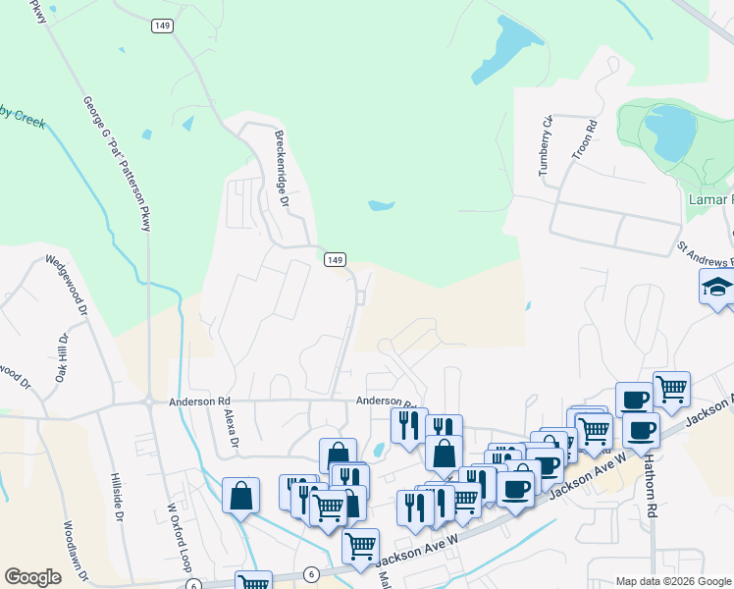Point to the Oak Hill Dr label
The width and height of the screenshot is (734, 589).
pos(60,359)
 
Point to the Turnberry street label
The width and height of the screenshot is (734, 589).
pos(545,145)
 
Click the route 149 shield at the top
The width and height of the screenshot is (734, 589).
pos(163,26)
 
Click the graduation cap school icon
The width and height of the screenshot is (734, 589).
pos(717,287)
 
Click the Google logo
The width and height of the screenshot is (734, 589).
pos(33,577)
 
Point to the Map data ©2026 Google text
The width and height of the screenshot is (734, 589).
pos(672,580)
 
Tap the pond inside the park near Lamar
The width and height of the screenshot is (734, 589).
pos(669,133)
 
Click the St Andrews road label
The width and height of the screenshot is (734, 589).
pos(705,254)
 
